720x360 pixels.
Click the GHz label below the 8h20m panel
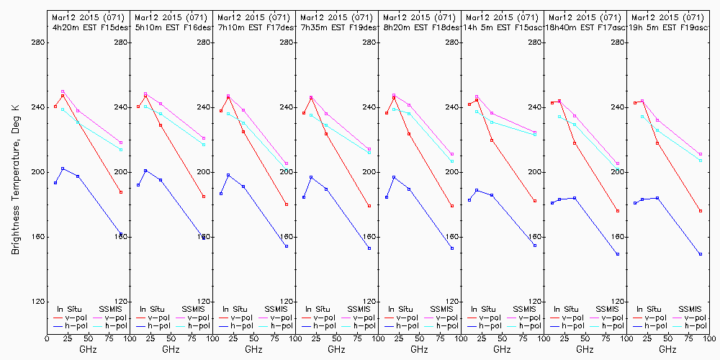pos(419,349)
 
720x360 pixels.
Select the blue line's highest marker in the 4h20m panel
pos(63,168)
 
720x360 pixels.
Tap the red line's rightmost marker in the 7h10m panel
pos(287,204)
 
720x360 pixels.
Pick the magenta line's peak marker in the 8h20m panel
pos(394,95)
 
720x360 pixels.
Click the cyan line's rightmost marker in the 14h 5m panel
pos(535,135)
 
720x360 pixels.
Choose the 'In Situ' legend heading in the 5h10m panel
pos(151,309)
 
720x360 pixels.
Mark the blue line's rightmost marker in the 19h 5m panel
pos(700,254)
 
